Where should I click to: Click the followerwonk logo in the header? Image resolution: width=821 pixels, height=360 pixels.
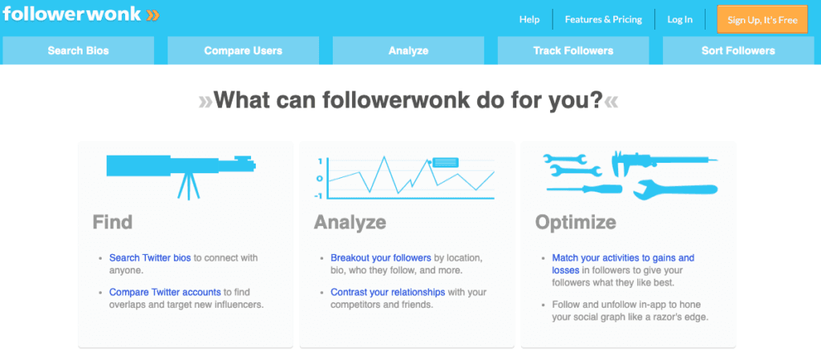80,15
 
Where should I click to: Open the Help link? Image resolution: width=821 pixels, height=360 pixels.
529,19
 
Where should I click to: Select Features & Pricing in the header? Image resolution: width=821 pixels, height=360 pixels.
603,19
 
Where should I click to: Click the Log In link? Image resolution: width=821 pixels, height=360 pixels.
679,19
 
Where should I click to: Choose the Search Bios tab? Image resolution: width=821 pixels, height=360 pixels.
78,51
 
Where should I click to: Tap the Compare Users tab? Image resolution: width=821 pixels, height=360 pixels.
243,51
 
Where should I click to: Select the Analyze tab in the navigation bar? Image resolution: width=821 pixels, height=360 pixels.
408,51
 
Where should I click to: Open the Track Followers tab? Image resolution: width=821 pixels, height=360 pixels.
573,51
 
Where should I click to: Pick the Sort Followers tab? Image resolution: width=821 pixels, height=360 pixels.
738,51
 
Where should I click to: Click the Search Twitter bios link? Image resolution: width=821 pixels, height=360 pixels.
151,258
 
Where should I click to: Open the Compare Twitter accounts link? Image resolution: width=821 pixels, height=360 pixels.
165,292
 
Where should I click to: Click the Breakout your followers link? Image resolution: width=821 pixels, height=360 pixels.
381,258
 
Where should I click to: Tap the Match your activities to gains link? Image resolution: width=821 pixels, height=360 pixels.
623,258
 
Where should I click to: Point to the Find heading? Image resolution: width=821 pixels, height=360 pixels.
112,221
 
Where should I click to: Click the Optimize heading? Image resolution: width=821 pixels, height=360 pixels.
576,221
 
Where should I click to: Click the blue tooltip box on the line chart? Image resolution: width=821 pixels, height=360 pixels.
446,162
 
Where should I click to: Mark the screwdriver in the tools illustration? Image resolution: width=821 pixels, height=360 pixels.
584,188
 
